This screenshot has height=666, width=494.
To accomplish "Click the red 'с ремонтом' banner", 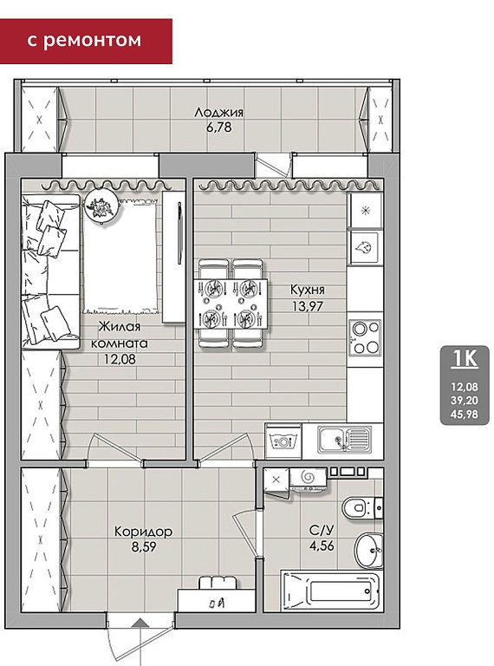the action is click(x=86, y=41).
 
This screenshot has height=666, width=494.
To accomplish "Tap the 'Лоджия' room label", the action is click(x=218, y=113).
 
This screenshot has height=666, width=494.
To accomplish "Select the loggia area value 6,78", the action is click(x=219, y=127).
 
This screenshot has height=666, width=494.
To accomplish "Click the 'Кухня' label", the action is click(x=308, y=291).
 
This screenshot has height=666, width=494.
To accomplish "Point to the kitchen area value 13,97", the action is click(x=308, y=305).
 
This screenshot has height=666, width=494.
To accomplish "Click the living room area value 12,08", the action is click(x=120, y=359).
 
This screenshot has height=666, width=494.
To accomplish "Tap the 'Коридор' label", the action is click(x=144, y=532).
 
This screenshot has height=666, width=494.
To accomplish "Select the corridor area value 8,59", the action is click(x=144, y=547).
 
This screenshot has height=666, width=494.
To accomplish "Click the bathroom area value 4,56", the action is click(x=322, y=545).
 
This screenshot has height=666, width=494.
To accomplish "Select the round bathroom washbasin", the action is click(x=368, y=551).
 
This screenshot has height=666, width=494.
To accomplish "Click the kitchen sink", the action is click(x=344, y=440).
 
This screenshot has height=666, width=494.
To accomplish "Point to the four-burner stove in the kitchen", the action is click(x=364, y=337).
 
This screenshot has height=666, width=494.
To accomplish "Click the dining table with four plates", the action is click(x=231, y=304).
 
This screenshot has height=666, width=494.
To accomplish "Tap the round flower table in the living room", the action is click(x=101, y=206).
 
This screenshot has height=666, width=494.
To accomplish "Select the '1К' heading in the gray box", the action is click(x=465, y=358).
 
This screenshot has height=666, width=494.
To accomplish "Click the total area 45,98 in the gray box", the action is click(x=465, y=415).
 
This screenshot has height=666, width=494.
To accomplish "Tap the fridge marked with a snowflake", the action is click(x=365, y=210).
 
